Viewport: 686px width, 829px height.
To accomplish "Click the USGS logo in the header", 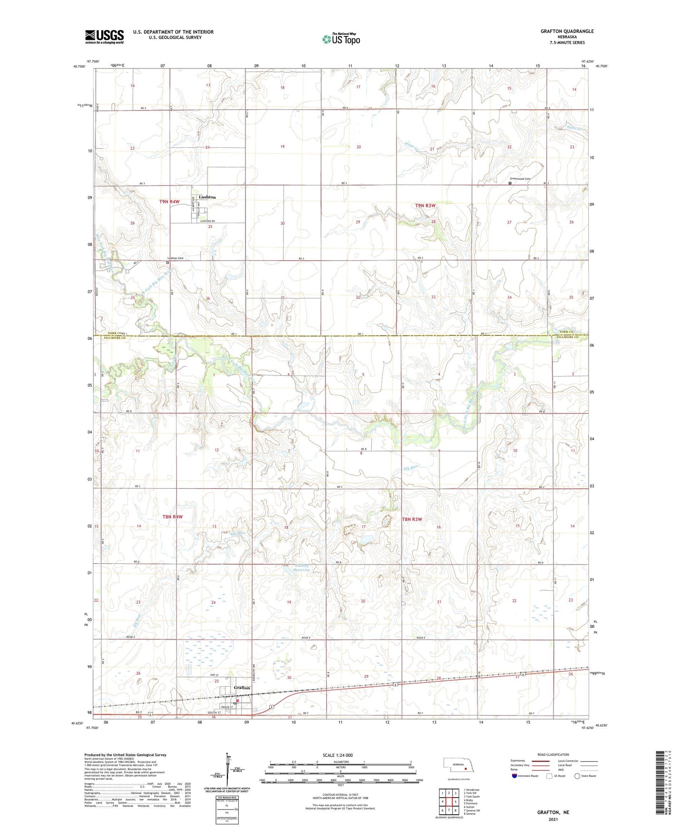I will [104, 37].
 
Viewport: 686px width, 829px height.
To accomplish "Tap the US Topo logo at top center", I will [340, 39].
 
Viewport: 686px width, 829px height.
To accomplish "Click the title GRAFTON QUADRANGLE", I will [567, 31].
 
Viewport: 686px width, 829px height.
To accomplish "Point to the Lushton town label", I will [207, 197].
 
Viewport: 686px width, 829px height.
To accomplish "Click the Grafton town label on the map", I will [242, 688].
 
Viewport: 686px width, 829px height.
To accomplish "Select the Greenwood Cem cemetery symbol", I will [510, 183].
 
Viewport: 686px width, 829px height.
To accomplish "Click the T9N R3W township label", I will [425, 206].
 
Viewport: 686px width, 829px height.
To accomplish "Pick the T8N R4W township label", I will [172, 517].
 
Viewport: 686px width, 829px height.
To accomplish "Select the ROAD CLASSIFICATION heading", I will [553, 754].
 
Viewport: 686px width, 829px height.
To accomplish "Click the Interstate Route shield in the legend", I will [515, 776].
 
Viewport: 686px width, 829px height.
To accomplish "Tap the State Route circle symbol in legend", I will [577, 776].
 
